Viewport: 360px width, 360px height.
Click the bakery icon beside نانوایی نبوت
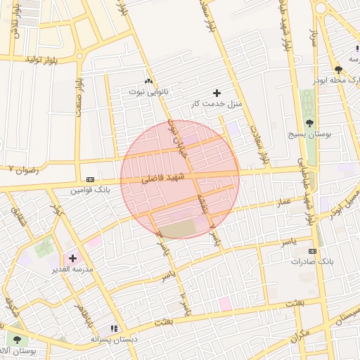pyautogui.click(x=148, y=82)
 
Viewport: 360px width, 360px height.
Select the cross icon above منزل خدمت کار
pyautogui.click(x=216, y=93)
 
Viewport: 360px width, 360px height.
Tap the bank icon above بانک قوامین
pyautogui.click(x=90, y=179)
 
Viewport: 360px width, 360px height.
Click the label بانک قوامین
pyautogui.click(x=91, y=190)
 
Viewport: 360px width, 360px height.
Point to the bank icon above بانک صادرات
pyautogui.click(x=312, y=251)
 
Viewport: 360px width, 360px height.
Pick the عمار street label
pyautogui.click(x=283, y=202)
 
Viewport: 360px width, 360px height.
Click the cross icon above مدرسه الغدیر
pyautogui.click(x=72, y=258)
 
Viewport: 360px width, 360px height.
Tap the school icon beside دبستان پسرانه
pyautogui.click(x=114, y=328)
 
